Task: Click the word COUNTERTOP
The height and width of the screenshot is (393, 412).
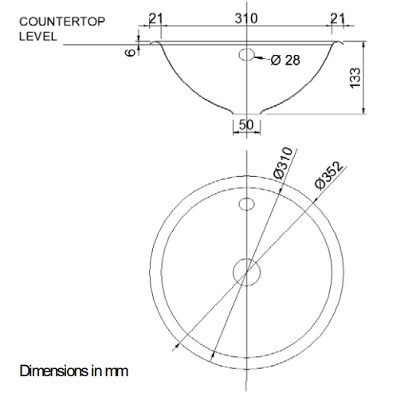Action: coord(62,22)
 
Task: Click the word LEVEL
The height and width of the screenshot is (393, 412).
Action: coord(38,37)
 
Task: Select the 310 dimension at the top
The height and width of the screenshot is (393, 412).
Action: coord(246,18)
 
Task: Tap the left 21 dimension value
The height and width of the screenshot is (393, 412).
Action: coord(155,18)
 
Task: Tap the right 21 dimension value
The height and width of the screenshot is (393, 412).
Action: coord(338,18)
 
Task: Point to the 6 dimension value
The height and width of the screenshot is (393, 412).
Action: coord(130,53)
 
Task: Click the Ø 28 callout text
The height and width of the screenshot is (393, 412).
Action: coord(285,60)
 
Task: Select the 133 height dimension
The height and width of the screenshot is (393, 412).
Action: coord(355,78)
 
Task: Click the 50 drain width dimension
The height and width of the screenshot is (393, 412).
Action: coord(246,124)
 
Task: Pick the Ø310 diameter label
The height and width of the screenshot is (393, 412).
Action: coord(284,163)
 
